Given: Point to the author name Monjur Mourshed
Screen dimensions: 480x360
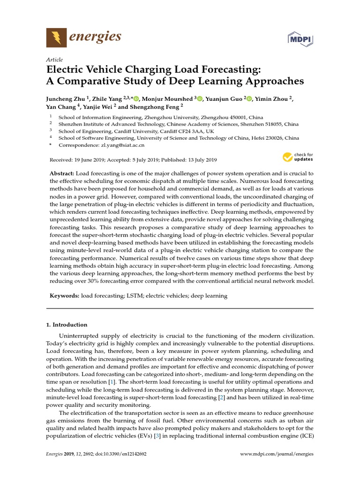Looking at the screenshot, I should pos(168,98).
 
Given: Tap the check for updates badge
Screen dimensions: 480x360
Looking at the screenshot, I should pos(297,157).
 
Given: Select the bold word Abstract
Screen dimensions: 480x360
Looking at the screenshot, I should pos(61,173).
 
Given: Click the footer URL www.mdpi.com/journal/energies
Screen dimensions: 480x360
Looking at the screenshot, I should pos(277,454).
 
